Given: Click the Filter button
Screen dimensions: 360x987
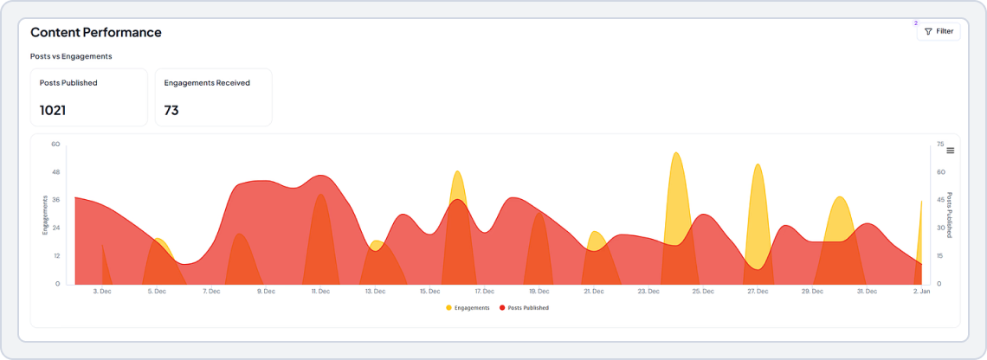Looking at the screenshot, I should point(939,31).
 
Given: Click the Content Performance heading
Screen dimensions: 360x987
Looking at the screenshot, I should point(96,32).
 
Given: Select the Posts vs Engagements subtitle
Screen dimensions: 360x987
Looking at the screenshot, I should point(71,56).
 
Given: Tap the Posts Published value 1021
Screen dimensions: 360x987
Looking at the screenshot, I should point(53,110).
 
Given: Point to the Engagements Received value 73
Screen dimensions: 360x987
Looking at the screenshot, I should point(171,110).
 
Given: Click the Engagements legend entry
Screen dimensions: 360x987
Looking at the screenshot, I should point(468,307).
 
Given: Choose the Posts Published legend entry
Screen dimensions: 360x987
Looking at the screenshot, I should point(524,307).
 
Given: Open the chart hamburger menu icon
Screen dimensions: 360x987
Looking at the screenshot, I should point(950,151).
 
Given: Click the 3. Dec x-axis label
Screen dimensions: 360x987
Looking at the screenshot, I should point(102,292).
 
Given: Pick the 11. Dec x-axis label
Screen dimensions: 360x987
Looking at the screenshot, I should point(320,292).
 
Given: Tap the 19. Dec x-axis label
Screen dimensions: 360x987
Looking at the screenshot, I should point(539,292).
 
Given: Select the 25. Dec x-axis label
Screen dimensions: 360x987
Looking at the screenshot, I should point(702,292).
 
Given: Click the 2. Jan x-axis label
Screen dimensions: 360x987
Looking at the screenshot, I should point(921,292).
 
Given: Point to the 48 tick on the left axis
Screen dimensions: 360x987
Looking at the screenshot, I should point(55,172).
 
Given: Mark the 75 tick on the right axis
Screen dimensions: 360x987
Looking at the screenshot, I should point(940,145).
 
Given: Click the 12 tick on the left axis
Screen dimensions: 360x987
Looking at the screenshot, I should point(55,255).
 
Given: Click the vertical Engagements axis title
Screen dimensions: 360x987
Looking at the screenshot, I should point(45,215).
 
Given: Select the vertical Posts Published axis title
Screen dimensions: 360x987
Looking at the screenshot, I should point(949,215).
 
